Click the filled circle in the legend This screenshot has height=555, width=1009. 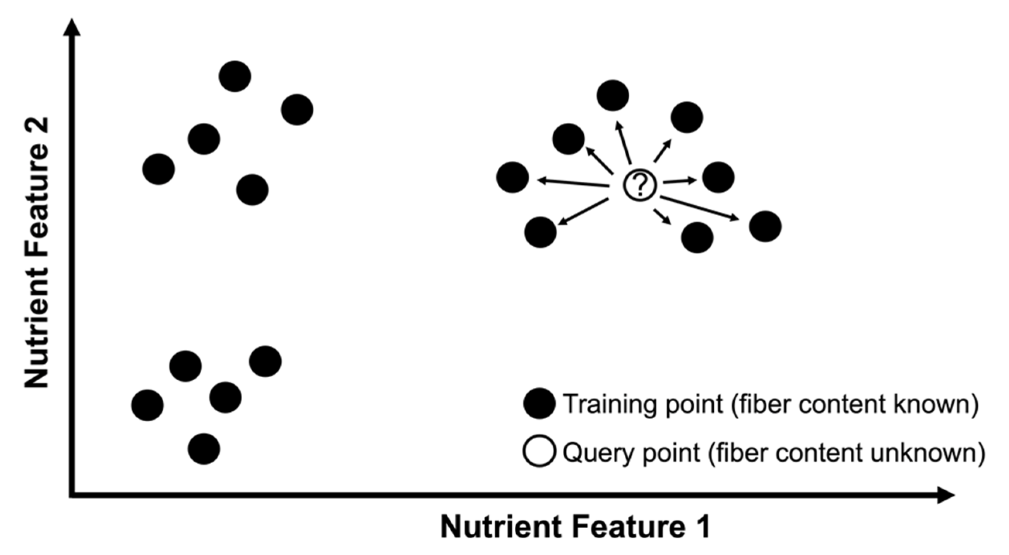click(x=540, y=404)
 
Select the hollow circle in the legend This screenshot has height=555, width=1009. click(x=540, y=452)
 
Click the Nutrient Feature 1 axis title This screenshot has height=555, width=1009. click(x=576, y=528)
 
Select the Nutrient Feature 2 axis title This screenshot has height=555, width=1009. click(x=37, y=253)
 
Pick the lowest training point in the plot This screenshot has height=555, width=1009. click(x=204, y=449)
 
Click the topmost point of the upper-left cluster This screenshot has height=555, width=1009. click(x=235, y=76)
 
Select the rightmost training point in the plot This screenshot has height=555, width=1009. click(x=766, y=227)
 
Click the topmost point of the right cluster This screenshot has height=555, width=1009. click(x=613, y=96)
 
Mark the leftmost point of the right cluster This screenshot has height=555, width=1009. click(x=512, y=177)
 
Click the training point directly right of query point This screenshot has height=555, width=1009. click(x=718, y=177)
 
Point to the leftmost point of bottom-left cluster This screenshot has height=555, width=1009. click(x=147, y=405)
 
